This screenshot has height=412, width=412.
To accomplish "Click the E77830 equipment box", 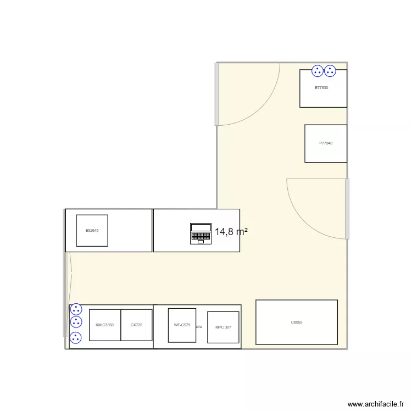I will [x=323, y=91].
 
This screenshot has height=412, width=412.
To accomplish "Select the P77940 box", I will [x=326, y=143].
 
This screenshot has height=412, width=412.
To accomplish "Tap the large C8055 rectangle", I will [x=297, y=322].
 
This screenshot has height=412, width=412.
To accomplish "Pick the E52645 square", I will [x=92, y=230].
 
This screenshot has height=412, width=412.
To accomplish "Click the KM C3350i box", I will [x=105, y=325].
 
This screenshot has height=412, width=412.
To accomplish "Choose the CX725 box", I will [x=136, y=325].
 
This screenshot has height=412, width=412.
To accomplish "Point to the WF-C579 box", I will [x=182, y=325].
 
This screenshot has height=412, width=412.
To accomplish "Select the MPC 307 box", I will [x=223, y=327].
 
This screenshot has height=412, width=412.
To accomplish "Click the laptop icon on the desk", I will [x=201, y=233].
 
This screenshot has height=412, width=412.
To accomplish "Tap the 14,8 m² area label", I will [x=231, y=232].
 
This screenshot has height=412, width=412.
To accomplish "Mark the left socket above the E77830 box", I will [x=318, y=70].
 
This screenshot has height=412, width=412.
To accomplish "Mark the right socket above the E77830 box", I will [x=330, y=70].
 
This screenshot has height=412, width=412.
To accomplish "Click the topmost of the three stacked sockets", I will [x=76, y=309].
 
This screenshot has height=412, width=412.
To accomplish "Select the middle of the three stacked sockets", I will [x=76, y=322].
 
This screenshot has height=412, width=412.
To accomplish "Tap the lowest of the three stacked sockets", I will [x=76, y=337].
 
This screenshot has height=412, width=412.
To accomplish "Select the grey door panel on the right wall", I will [x=347, y=209].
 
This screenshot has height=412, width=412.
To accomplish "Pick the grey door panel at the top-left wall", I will [x=217, y=94].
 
